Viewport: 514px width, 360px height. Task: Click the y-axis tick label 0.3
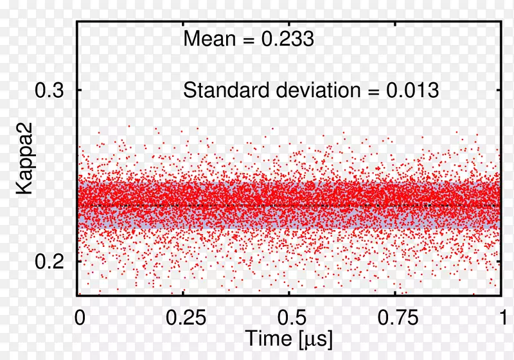click(49, 91)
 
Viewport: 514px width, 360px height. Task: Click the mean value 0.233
click(287, 40)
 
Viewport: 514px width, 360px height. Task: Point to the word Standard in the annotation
click(225, 90)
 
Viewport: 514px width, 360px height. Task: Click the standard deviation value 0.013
click(412, 90)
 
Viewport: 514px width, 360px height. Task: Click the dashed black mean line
click(289, 205)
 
